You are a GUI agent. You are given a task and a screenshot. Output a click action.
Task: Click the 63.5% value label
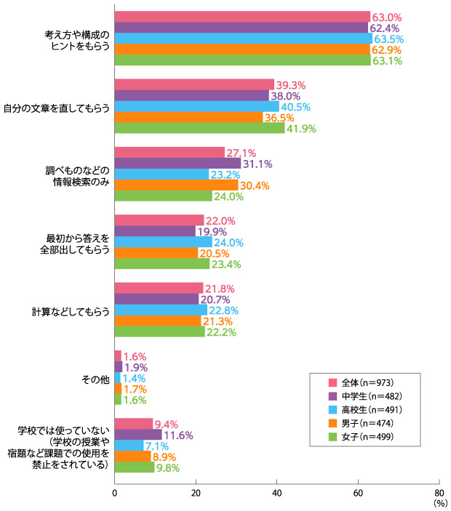click(x=388, y=39)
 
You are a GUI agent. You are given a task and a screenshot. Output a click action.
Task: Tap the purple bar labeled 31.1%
click(x=177, y=163)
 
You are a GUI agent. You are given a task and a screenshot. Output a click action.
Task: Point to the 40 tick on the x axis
click(x=276, y=492)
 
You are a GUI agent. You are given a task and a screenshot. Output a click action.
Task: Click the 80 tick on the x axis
click(x=438, y=492)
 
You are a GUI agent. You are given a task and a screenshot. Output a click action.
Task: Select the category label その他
click(x=95, y=378)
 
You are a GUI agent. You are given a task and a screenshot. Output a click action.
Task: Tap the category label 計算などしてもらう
click(x=71, y=311)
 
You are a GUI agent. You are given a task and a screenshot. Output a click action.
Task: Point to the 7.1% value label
click(x=158, y=445)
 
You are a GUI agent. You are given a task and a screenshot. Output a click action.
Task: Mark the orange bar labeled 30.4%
click(x=176, y=185)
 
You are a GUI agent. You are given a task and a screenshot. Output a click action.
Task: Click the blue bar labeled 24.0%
click(x=163, y=242)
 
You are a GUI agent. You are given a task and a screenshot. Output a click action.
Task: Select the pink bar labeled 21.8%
click(x=159, y=288)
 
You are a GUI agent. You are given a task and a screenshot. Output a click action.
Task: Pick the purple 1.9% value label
click(x=135, y=366)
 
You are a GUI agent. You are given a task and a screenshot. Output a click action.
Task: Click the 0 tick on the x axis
click(x=114, y=492)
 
